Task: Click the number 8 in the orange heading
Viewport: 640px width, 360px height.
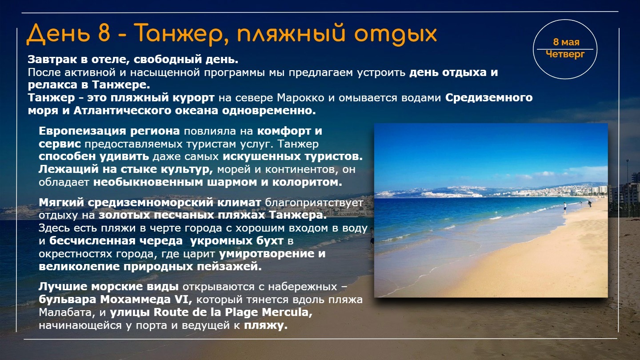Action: click(x=104, y=33)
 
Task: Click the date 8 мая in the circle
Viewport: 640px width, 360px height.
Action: click(x=566, y=42)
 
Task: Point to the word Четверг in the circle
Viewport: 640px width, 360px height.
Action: click(x=565, y=54)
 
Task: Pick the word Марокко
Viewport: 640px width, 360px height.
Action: click(x=300, y=98)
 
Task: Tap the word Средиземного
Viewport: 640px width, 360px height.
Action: click(x=489, y=98)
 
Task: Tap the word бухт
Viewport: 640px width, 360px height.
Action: click(x=269, y=241)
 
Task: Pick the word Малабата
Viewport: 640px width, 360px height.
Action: click(x=65, y=312)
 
